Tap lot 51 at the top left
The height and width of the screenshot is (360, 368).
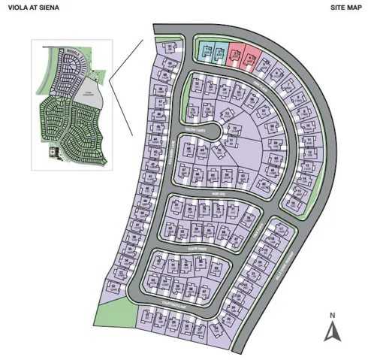(172, 47)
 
